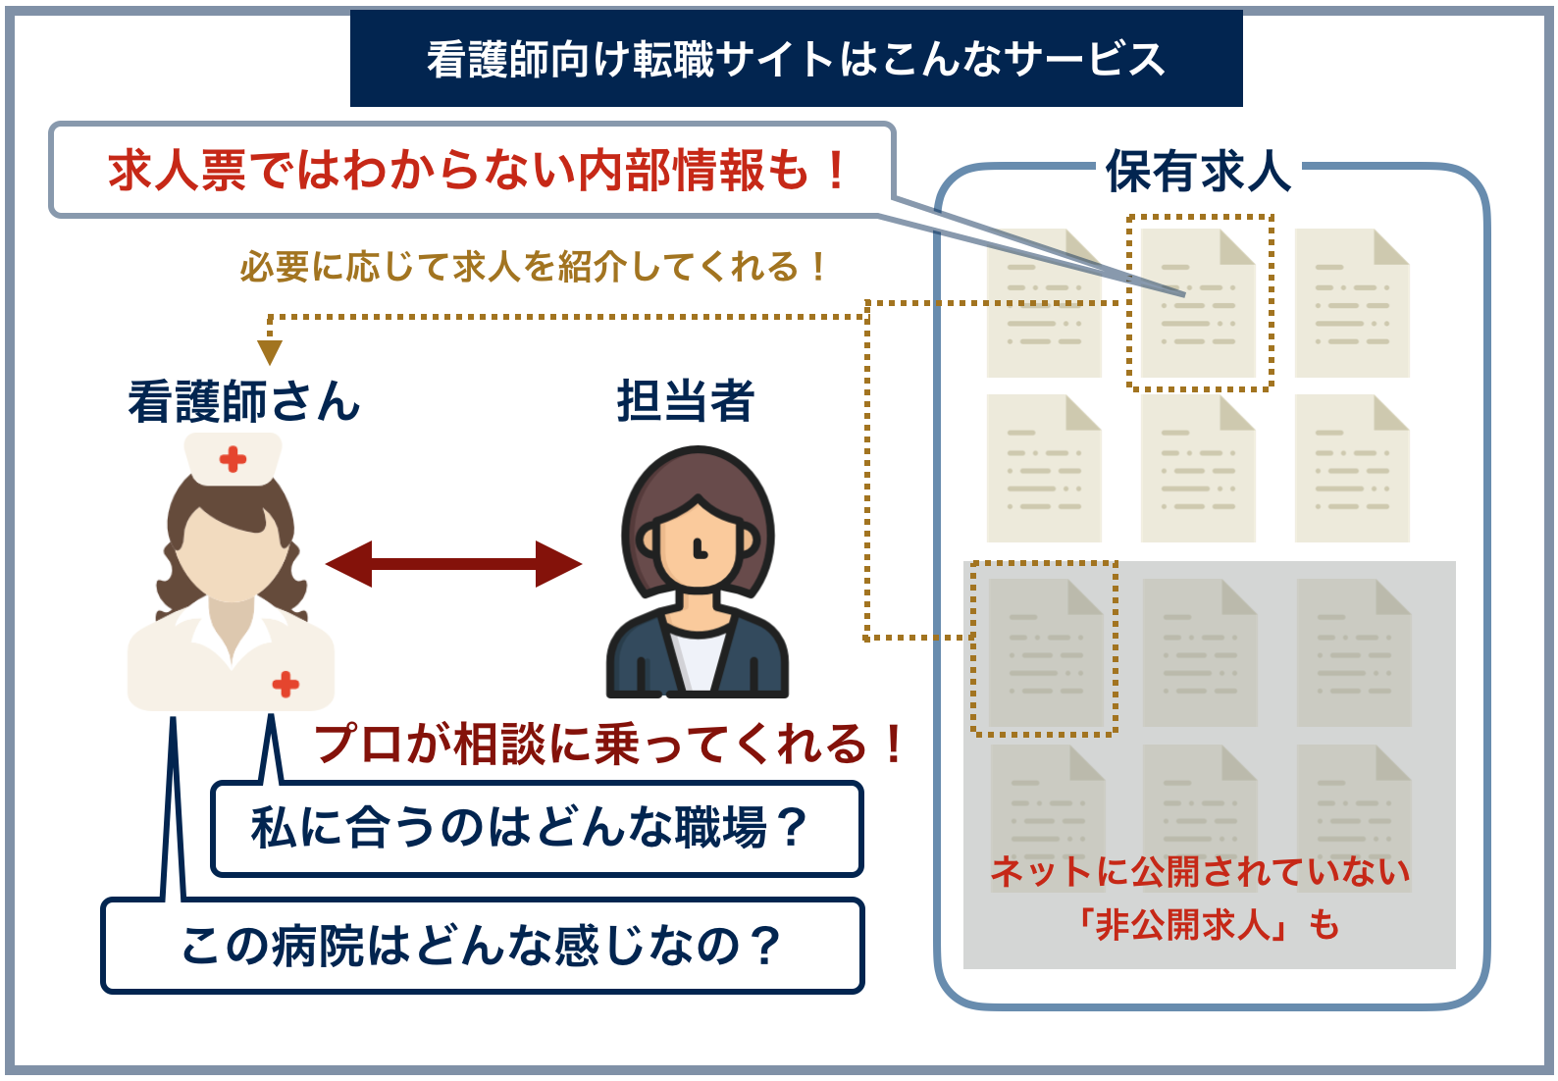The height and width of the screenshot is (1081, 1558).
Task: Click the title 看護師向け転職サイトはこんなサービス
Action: tap(796, 59)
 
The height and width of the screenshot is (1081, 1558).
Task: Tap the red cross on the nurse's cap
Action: tap(233, 459)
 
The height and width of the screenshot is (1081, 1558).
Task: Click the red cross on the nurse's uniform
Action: tap(286, 684)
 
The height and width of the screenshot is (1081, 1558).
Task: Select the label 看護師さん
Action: tap(243, 402)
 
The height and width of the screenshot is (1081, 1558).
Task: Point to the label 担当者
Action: tap(685, 402)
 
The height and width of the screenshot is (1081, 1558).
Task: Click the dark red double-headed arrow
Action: tap(453, 564)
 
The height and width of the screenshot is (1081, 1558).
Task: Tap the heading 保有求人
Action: tap(1198, 172)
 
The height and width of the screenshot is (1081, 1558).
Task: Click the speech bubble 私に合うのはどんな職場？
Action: tap(530, 828)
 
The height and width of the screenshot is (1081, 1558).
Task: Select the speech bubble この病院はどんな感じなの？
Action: tap(481, 947)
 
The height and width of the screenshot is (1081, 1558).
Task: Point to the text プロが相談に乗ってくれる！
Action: tap(608, 744)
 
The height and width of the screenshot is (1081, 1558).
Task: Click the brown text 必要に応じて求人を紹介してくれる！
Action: tap(535, 267)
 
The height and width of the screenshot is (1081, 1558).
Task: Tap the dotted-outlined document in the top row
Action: tap(1199, 303)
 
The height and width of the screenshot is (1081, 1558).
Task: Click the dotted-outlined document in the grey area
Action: tap(1045, 650)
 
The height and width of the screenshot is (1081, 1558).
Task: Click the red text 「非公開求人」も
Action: tap(1207, 924)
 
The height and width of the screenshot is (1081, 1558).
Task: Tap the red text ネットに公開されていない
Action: tap(1200, 871)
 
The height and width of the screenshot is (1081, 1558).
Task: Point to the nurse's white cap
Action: tap(234, 458)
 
